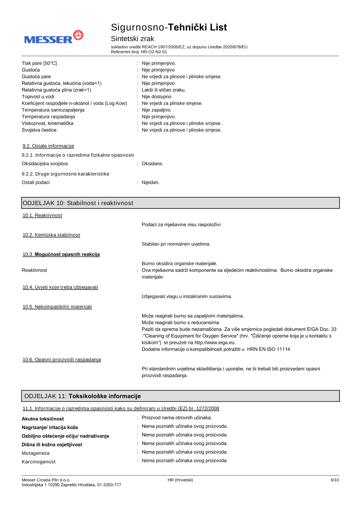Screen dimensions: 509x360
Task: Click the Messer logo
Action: tap(54, 37)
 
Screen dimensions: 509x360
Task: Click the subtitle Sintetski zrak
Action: tap(132, 39)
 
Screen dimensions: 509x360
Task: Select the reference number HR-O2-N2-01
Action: tap(154, 52)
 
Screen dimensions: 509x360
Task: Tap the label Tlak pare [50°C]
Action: tap(39, 63)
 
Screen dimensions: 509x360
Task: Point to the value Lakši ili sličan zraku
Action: tap(164, 90)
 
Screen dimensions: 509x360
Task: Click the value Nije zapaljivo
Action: tap(157, 110)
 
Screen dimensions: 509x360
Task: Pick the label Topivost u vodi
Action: tap(38, 97)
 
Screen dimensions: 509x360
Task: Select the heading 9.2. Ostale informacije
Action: tap(48, 146)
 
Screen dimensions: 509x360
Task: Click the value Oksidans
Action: tap(152, 164)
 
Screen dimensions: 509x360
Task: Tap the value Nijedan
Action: tap(150, 183)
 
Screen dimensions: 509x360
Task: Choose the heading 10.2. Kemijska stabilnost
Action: tap(51, 235)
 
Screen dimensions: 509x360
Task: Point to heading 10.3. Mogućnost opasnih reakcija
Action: tap(61, 254)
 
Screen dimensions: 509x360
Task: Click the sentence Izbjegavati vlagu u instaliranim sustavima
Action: tap(187, 297)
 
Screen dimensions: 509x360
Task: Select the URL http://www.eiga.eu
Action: tap(215, 343)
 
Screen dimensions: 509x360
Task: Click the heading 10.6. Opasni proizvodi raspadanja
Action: tap(62, 360)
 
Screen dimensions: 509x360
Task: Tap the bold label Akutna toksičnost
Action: tap(43, 419)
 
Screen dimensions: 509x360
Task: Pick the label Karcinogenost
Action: tap(39, 462)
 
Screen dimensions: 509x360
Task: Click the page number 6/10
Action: tap(334, 480)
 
